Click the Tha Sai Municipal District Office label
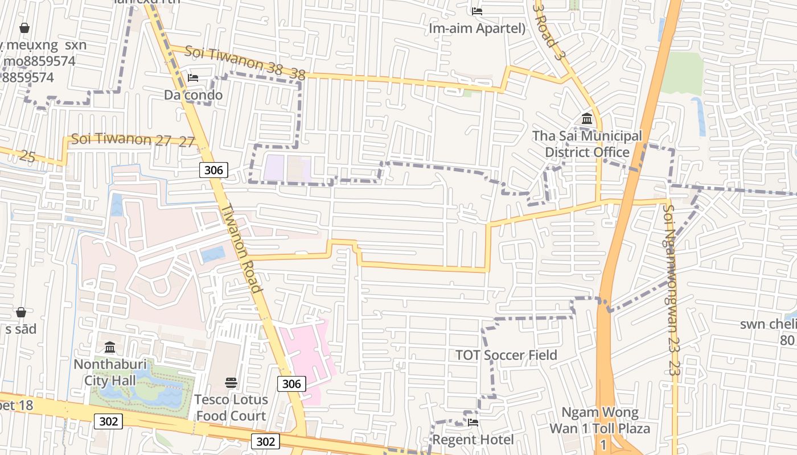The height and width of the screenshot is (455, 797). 587,144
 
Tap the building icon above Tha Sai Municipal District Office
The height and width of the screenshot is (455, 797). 587,119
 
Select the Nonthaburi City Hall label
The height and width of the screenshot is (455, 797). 110,372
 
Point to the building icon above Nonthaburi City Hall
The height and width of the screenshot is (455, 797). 110,347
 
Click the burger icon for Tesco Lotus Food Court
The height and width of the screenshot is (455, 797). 231,382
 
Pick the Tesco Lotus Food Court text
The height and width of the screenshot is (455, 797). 231,407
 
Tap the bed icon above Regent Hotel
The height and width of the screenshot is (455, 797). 473,423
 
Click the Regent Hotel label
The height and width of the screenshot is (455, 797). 473,440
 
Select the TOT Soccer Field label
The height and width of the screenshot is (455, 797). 506,355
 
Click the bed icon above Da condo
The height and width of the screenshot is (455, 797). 193,78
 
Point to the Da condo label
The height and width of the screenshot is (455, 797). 193,95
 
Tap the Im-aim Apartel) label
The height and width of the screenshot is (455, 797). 477,28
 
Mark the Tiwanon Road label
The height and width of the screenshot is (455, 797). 245,247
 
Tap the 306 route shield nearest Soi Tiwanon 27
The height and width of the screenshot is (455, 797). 213,169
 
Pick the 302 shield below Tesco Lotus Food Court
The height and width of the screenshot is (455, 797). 265,441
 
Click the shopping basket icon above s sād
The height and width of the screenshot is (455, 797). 21,312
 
